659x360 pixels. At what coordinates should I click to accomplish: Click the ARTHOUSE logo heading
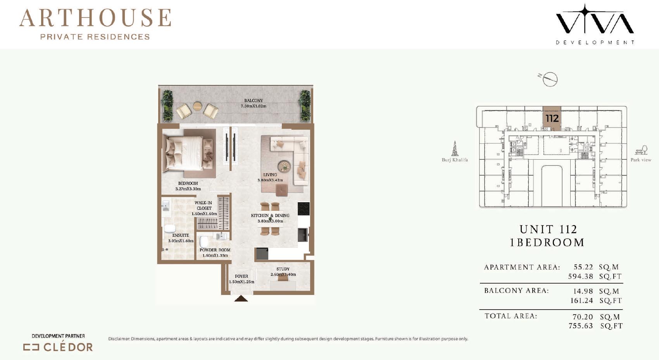pos(95,18)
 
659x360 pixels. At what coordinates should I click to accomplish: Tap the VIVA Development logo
pos(595,24)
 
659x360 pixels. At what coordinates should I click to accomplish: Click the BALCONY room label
pos(254,101)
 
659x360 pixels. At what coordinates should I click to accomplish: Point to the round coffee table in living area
pos(284,166)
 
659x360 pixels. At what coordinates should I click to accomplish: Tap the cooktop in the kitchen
pos(303,208)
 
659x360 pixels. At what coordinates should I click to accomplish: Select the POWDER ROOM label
pos(215,250)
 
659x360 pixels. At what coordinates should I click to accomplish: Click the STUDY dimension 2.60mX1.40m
pos(283,274)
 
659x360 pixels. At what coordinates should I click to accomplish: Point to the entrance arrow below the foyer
pos(241,298)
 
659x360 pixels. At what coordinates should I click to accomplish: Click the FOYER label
pos(242,276)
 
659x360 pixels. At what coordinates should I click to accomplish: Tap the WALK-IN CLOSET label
pos(204,205)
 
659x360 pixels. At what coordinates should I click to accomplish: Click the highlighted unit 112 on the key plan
pos(552,118)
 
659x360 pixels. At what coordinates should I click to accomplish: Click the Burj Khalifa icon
pos(455,148)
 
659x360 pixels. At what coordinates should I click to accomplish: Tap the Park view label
pos(641,160)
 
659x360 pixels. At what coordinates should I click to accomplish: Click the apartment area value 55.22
pos(583,267)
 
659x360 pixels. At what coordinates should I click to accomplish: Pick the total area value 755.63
pos(581,326)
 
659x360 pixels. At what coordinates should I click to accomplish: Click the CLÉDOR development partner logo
pos(58,347)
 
